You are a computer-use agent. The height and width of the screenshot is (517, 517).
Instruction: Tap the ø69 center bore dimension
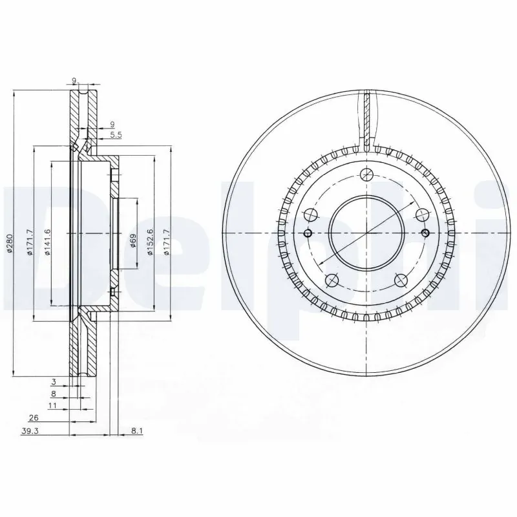point(132,241)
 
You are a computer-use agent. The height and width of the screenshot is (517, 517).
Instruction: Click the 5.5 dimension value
point(116,134)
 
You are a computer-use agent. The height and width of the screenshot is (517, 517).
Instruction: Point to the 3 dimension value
point(54,383)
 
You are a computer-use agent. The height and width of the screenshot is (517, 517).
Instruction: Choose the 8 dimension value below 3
point(54,394)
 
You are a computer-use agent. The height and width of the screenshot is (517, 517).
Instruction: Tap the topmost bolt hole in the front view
point(366,174)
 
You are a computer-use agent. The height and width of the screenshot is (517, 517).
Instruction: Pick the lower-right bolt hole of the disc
point(401,280)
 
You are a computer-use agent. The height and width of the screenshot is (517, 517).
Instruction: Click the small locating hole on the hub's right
point(425,233)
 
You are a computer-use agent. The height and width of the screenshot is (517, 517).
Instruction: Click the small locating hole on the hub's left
point(308,233)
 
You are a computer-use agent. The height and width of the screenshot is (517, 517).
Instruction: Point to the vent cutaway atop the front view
point(366,120)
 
